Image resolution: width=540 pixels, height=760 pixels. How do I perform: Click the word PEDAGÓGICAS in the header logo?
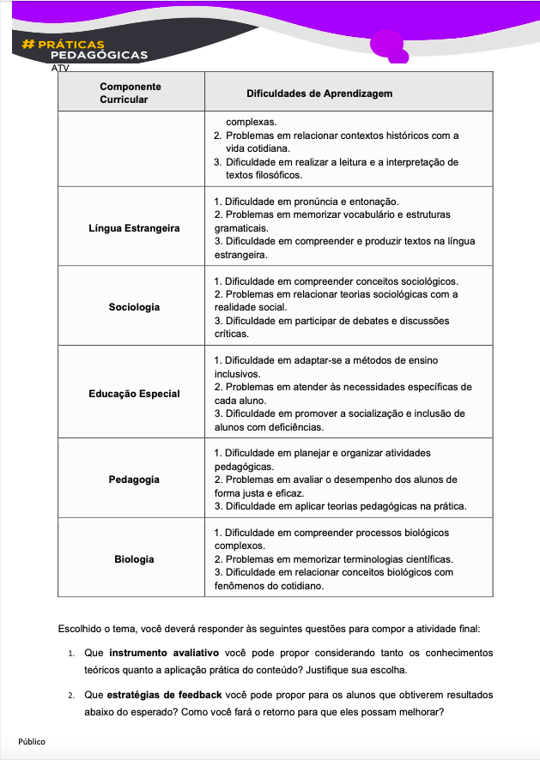pyautogui.click(x=99, y=55)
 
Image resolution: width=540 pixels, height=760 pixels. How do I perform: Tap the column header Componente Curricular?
pyautogui.click(x=130, y=93)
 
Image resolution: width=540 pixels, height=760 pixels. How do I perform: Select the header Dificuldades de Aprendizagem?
pyautogui.click(x=319, y=93)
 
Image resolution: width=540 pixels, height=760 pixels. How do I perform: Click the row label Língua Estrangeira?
pyautogui.click(x=134, y=228)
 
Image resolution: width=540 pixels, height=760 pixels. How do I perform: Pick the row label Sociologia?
pyautogui.click(x=134, y=307)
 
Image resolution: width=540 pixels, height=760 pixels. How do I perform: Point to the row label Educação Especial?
pyautogui.click(x=134, y=394)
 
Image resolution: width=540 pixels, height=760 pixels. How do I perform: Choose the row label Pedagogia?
pyautogui.click(x=134, y=480)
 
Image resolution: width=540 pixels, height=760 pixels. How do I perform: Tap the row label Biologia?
pyautogui.click(x=134, y=559)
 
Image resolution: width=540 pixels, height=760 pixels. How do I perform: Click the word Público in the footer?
pyautogui.click(x=32, y=741)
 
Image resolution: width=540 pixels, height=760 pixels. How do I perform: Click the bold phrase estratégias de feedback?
pyautogui.click(x=164, y=694)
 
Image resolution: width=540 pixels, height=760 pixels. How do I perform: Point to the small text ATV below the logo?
pyautogui.click(x=60, y=67)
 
